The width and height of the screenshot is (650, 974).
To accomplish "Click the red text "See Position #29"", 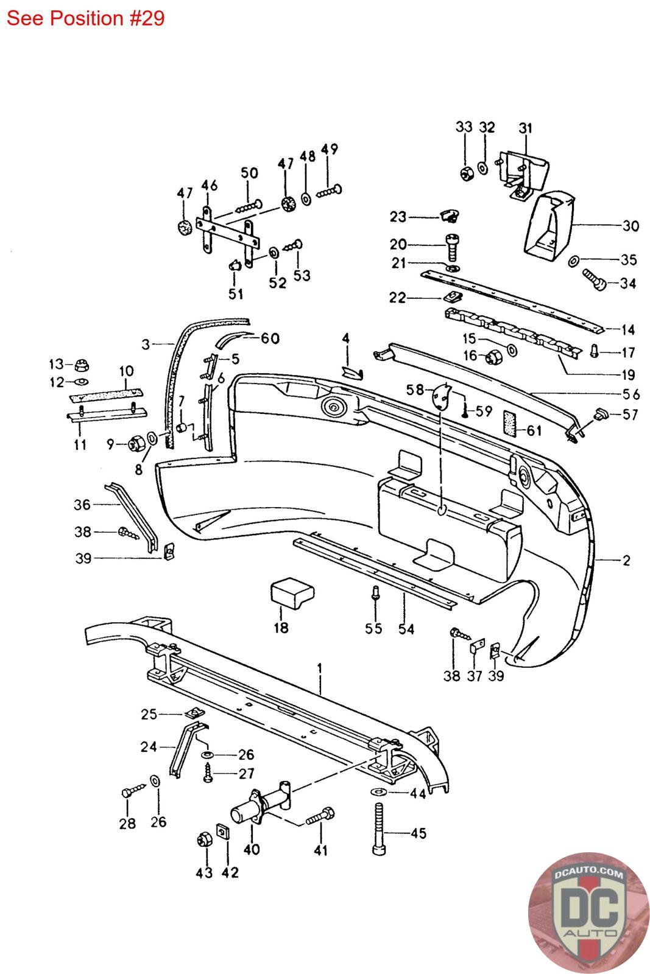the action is point(86,18).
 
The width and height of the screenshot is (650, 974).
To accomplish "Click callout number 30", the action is point(631,226).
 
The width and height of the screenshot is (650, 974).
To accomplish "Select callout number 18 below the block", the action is point(281,628).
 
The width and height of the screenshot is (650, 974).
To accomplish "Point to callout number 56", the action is point(631,394).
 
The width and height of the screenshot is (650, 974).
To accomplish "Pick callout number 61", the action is point(534,430).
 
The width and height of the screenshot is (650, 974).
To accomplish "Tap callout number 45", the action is point(419,833).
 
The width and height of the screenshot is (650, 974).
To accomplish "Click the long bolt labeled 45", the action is point(379,829).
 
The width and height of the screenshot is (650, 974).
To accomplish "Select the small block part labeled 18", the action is point(292,593).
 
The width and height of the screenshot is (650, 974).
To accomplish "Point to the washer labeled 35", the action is point(573,261).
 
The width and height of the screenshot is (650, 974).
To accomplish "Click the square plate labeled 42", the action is point(222,832).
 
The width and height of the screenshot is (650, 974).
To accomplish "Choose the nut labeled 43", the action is point(204,839).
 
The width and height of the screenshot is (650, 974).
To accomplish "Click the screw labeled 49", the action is point(329,191).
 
